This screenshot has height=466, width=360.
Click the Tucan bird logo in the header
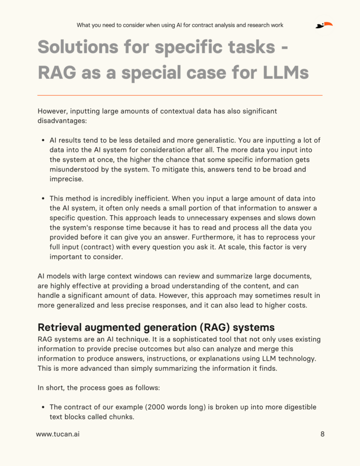[324, 25]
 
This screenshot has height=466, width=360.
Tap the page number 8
[322, 434]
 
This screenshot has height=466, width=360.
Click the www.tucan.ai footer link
[58, 434]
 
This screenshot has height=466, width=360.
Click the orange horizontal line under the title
[180, 95]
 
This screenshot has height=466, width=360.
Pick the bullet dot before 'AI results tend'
[43, 140]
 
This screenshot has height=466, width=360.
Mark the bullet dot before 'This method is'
[43, 199]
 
